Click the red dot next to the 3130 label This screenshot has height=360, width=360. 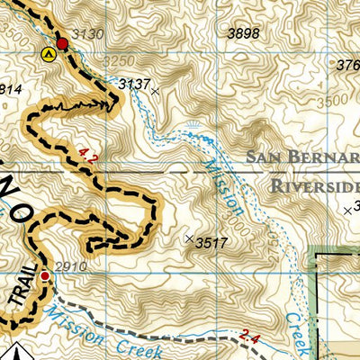[x=62, y=43]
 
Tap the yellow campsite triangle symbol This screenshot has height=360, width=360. [x=48, y=54]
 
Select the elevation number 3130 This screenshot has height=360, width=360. [x=86, y=34]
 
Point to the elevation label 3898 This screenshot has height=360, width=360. [x=244, y=33]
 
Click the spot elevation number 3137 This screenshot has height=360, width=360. [x=134, y=84]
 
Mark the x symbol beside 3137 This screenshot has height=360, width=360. [x=156, y=91]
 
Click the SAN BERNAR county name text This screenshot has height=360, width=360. [x=301, y=158]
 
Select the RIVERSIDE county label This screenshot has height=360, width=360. [x=313, y=186]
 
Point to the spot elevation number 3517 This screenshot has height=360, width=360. [x=211, y=242]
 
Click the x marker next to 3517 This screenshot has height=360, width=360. [x=188, y=238]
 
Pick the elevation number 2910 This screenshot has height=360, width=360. [x=69, y=267]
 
